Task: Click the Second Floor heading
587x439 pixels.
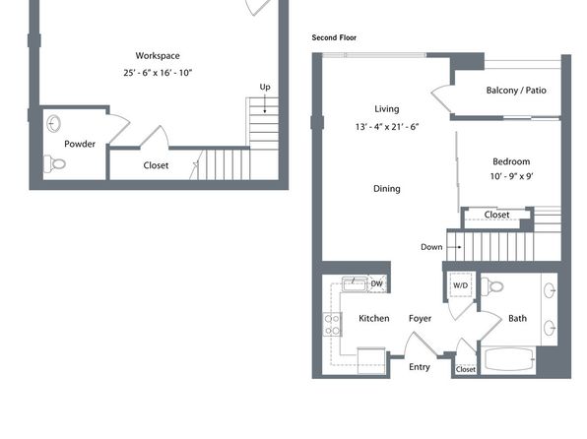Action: pyautogui.click(x=334, y=37)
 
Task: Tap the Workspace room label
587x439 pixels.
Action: pyautogui.click(x=158, y=56)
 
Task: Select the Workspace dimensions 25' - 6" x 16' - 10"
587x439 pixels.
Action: pyautogui.click(x=158, y=73)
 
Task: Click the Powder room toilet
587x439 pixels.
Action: pyautogui.click(x=54, y=163)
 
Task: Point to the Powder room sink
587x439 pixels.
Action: pyautogui.click(x=54, y=123)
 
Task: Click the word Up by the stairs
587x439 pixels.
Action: pyautogui.click(x=265, y=87)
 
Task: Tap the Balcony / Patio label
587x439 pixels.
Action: pyautogui.click(x=516, y=91)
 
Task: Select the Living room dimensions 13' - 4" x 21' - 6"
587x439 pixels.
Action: pyautogui.click(x=387, y=127)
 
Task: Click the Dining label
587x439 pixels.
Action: pyautogui.click(x=387, y=189)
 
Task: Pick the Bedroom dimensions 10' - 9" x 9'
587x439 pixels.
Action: pyautogui.click(x=511, y=176)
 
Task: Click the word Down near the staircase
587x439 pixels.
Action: pyautogui.click(x=431, y=247)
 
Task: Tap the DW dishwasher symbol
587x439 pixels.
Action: pyautogui.click(x=377, y=283)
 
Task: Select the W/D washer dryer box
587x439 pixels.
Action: pyautogui.click(x=461, y=285)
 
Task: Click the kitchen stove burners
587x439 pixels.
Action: pyautogui.click(x=332, y=325)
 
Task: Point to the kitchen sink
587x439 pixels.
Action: pyautogui.click(x=354, y=283)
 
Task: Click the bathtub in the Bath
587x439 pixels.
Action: pyautogui.click(x=508, y=359)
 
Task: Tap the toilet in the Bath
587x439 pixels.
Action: pyautogui.click(x=491, y=286)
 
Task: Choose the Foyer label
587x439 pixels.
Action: pyautogui.click(x=420, y=319)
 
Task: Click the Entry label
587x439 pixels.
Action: pyautogui.click(x=420, y=367)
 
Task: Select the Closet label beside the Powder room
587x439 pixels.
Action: pyautogui.click(x=156, y=165)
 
